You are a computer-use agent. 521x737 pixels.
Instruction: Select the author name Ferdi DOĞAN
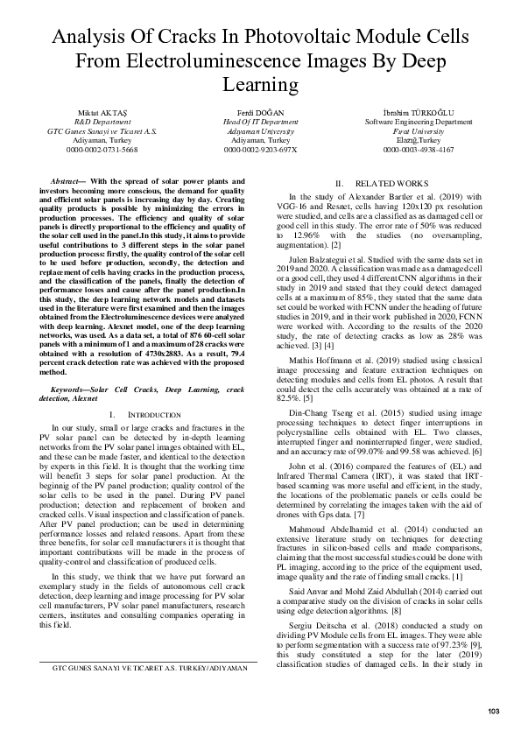pos(259,113)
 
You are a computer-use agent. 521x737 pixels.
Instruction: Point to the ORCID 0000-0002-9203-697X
pos(259,150)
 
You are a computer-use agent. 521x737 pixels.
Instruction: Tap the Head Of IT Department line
pos(259,122)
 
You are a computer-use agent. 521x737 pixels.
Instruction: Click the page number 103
pos(493,709)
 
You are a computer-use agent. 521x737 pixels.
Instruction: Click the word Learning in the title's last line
pos(260,85)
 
